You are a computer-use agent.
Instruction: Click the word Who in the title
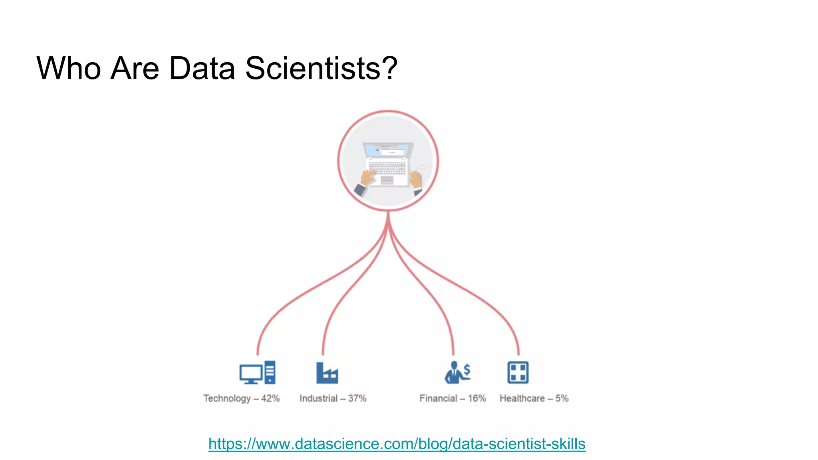(69, 68)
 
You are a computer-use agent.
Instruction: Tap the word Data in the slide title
(202, 68)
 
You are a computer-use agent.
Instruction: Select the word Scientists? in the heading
(321, 68)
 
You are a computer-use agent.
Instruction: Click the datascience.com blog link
(397, 444)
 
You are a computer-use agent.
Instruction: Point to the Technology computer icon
(257, 373)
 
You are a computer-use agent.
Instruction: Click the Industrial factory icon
(327, 373)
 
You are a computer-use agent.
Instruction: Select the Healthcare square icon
(518, 373)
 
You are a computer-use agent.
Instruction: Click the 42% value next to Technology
(270, 398)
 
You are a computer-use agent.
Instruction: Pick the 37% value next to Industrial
(357, 398)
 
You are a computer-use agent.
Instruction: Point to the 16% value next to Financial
(477, 398)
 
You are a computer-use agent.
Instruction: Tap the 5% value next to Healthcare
(562, 398)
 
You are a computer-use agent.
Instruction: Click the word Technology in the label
(227, 399)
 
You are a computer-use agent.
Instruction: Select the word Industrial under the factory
(318, 398)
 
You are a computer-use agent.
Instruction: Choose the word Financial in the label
(438, 398)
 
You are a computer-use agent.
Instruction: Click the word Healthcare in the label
(522, 398)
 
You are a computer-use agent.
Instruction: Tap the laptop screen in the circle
(387, 151)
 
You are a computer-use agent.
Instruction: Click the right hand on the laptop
(416, 179)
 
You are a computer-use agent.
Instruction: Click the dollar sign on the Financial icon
(467, 370)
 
